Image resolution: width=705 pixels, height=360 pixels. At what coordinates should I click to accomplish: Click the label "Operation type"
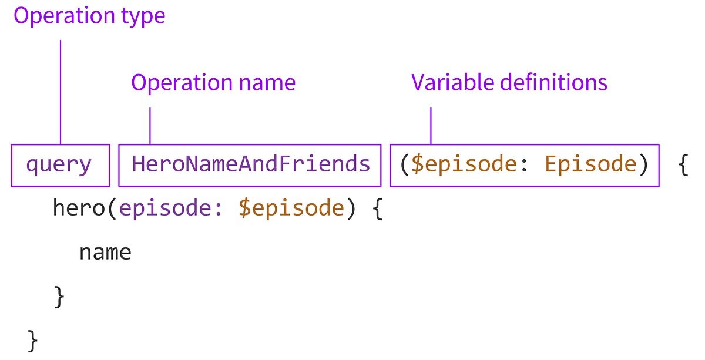pos(89,16)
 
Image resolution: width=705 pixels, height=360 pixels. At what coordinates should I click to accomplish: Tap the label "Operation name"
pos(213,83)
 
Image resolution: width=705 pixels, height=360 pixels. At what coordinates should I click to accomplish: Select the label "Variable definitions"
pos(509,83)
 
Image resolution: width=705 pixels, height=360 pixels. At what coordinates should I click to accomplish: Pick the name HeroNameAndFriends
pos(251,164)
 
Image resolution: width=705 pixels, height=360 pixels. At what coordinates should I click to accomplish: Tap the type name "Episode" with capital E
pos(590,164)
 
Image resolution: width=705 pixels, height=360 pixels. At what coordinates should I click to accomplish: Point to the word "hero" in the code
pos(79,208)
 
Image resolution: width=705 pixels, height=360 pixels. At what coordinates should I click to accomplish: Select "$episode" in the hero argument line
pos(291,209)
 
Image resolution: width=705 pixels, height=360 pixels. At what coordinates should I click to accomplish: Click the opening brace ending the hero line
pos(378,209)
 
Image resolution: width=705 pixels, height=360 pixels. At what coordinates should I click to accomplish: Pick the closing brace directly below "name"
pos(59,297)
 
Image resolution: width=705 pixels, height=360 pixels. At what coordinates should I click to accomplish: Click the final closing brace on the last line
pos(33,341)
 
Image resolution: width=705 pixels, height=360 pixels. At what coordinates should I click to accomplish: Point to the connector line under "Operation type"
pos(61,91)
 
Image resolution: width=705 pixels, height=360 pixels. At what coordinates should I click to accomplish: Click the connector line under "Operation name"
pos(150,125)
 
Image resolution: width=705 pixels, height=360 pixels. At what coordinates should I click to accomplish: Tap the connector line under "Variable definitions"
pos(431,125)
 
